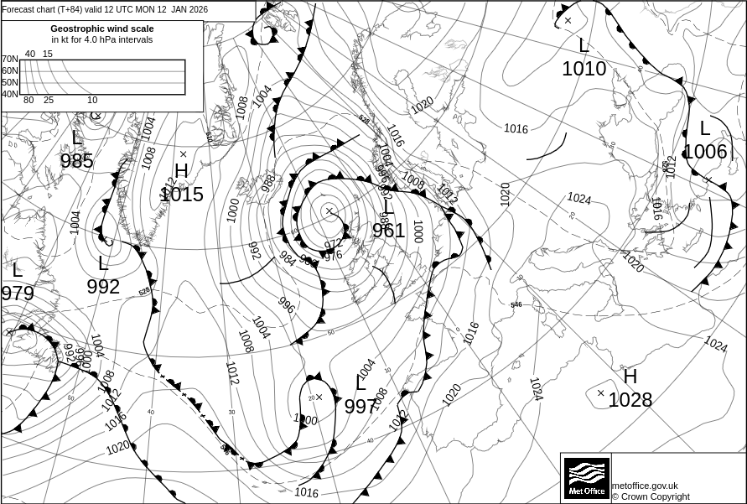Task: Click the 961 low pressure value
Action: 389,231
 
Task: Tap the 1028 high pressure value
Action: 630,400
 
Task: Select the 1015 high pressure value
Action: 182,195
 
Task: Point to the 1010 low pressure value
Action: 584,69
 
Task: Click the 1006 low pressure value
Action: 705,152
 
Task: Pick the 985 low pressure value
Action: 77,161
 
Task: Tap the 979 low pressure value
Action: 18,294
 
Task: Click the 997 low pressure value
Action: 361,407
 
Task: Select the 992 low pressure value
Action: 103,287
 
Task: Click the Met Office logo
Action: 586,477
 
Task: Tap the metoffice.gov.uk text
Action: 645,486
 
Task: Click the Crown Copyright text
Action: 651,496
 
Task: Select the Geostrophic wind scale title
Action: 101,29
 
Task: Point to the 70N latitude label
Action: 9,59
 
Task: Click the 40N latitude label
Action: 9,94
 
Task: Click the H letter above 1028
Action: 630,377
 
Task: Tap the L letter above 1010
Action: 584,45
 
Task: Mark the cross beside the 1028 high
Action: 600,392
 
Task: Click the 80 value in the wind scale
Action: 29,100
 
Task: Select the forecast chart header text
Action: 105,9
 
